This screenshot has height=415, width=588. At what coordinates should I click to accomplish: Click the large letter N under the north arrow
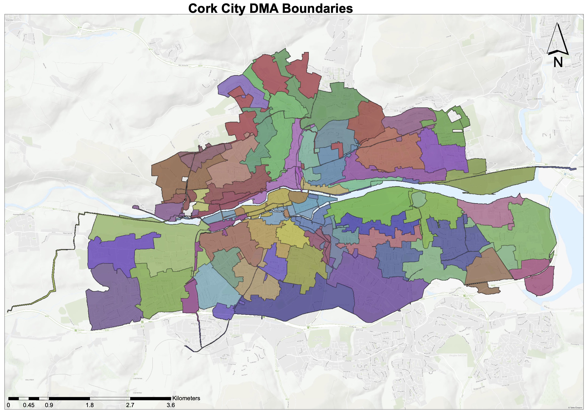(x=558, y=62)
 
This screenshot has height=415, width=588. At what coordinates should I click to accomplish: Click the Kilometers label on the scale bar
(x=186, y=398)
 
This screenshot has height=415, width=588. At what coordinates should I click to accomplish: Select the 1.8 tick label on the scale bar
(x=90, y=405)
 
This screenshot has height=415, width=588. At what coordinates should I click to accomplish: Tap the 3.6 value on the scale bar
(x=171, y=405)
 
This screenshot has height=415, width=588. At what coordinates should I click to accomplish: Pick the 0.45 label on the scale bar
(x=29, y=405)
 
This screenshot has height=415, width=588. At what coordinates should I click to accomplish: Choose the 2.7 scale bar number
(x=130, y=405)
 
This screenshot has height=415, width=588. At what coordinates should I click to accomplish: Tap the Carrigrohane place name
(x=19, y=215)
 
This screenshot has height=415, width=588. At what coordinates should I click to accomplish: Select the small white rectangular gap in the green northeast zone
(x=457, y=131)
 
